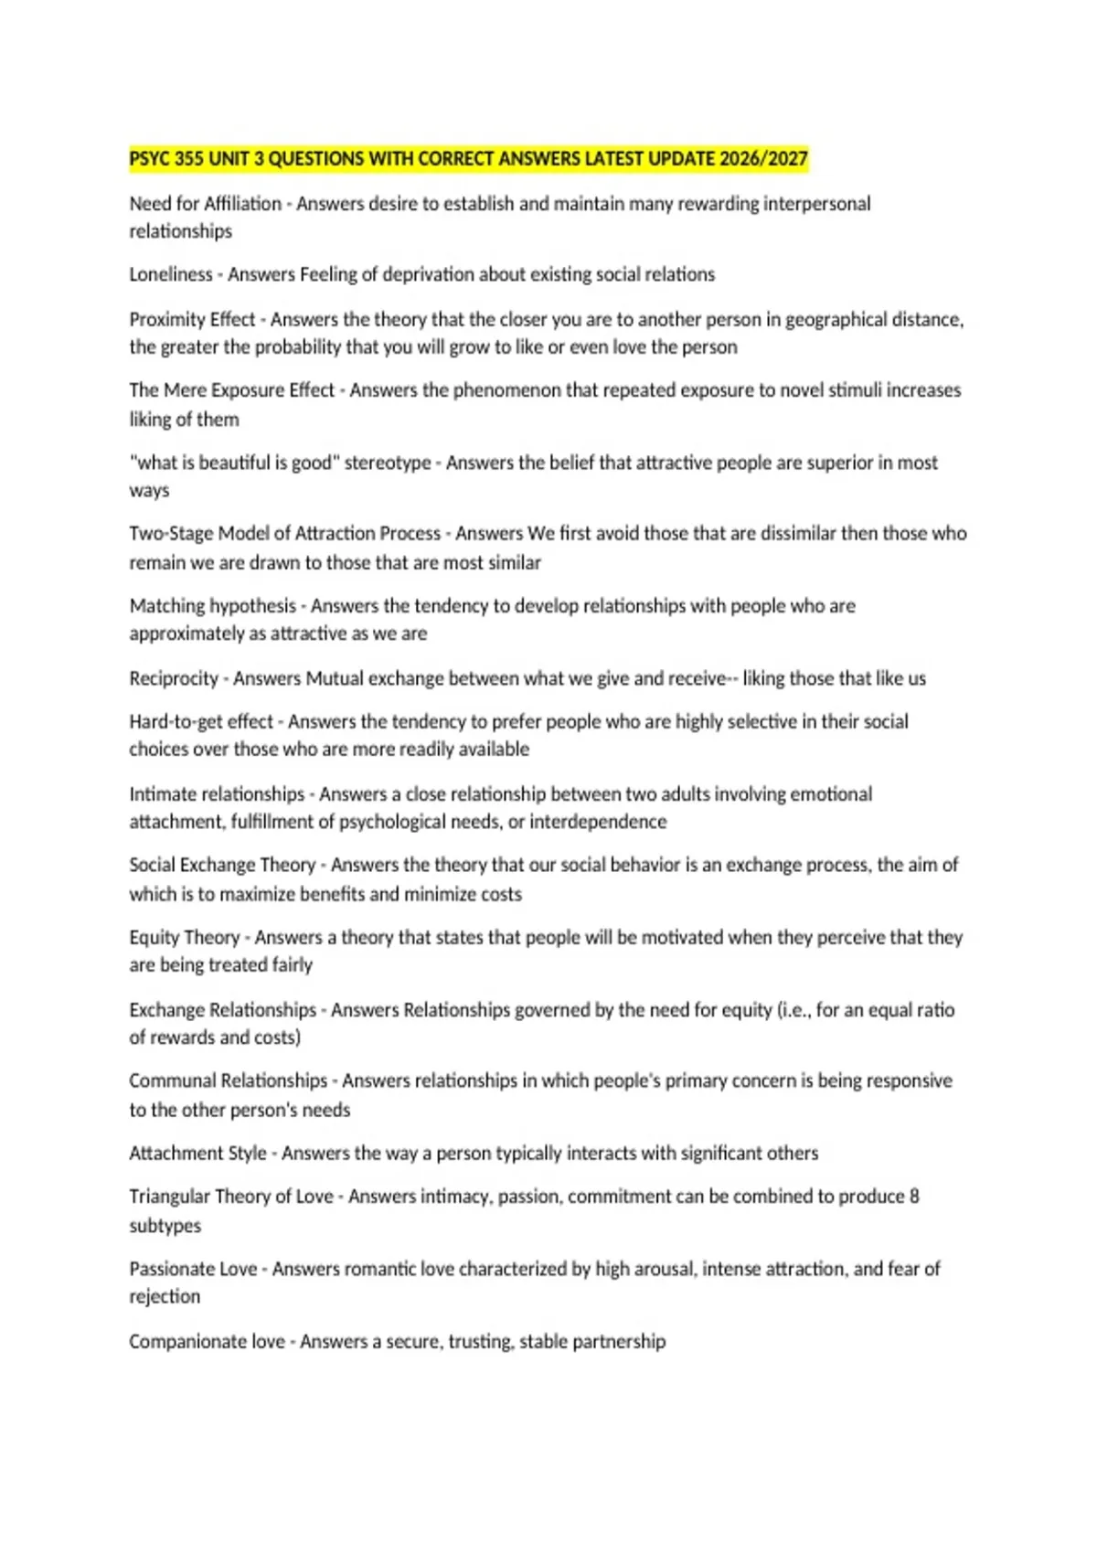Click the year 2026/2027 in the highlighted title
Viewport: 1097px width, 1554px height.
pyautogui.click(x=763, y=159)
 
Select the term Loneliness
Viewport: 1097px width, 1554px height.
pyautogui.click(x=171, y=274)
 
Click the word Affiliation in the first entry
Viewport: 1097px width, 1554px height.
pyautogui.click(x=242, y=204)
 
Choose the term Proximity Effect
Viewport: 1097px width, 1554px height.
pyautogui.click(x=192, y=319)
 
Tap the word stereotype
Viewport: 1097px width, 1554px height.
pyautogui.click(x=388, y=463)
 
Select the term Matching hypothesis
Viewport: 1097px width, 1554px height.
pyautogui.click(x=213, y=605)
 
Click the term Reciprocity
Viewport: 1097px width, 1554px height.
pyautogui.click(x=174, y=678)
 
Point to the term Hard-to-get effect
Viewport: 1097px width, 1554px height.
pyautogui.click(x=201, y=721)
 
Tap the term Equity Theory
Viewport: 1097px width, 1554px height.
pyautogui.click(x=184, y=937)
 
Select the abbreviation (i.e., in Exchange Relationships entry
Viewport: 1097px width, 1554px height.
pyautogui.click(x=793, y=1010)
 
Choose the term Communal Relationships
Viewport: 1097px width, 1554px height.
pyautogui.click(x=228, y=1080)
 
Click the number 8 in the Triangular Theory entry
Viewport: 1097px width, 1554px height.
pyautogui.click(x=914, y=1197)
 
